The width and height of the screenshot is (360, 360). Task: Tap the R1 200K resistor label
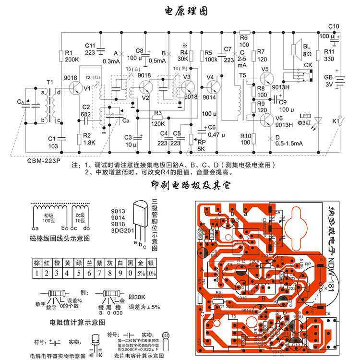(x=72, y=56)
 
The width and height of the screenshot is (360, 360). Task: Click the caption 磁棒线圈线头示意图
(x=59, y=238)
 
